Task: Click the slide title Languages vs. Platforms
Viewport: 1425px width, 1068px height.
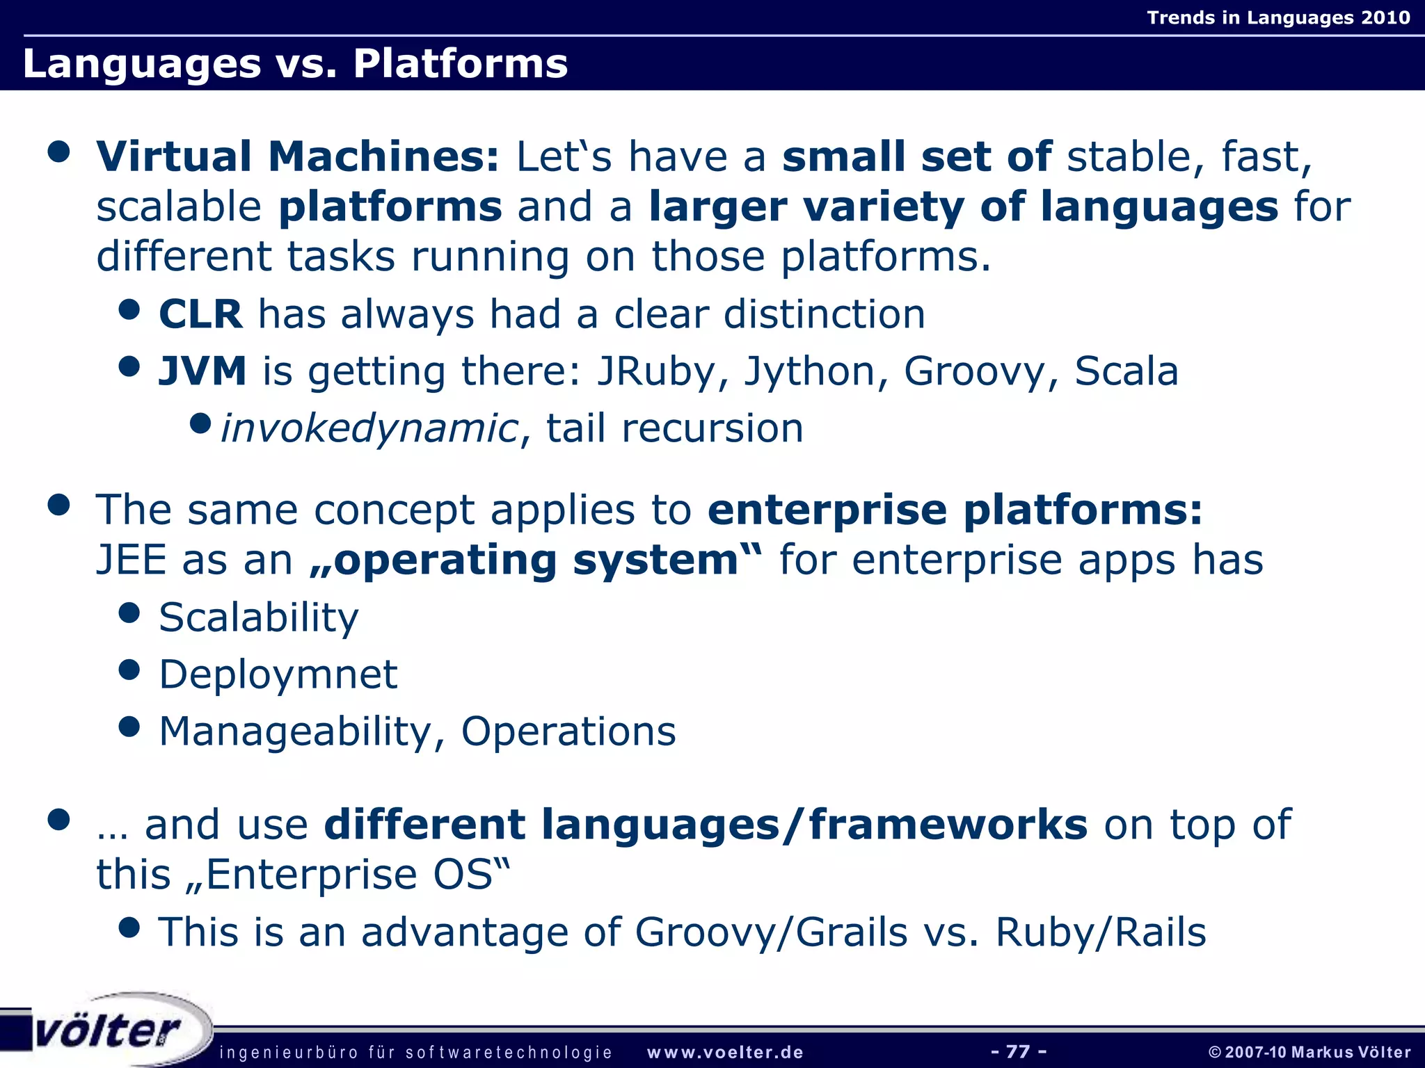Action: [x=295, y=63]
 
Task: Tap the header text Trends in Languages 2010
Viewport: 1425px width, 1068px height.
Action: [x=1278, y=17]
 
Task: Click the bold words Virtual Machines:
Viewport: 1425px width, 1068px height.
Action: [x=298, y=156]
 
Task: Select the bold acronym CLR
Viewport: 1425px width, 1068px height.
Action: [x=200, y=314]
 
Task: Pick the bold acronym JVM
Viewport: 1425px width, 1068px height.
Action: [x=202, y=371]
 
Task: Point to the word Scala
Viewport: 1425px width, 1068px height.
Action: [x=1126, y=371]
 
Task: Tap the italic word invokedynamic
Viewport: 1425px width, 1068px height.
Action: [x=369, y=428]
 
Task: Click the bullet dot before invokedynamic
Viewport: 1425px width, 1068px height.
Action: [x=200, y=423]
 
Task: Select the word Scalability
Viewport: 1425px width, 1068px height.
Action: [x=259, y=617]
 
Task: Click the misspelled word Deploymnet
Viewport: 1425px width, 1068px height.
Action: [x=278, y=674]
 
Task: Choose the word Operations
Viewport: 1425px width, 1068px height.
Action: [x=568, y=731]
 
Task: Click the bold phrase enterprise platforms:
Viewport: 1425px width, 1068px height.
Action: [x=955, y=510]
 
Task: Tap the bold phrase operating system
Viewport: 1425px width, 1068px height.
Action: [x=536, y=560]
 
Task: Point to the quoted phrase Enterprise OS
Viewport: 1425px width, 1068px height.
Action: [x=349, y=875]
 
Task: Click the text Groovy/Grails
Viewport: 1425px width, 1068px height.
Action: [x=771, y=932]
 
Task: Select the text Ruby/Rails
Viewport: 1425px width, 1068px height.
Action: [x=1101, y=932]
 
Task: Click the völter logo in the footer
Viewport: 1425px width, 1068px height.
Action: [x=108, y=1030]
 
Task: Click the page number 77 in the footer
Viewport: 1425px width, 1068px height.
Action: [x=1018, y=1051]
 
